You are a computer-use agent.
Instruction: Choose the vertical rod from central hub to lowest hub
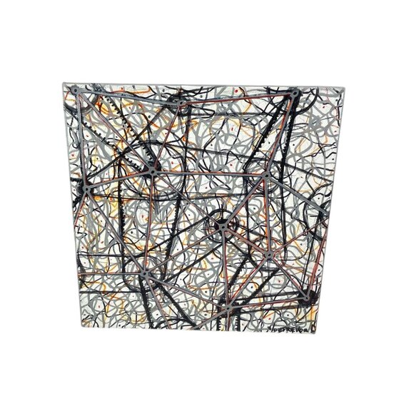[x=224, y=268]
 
